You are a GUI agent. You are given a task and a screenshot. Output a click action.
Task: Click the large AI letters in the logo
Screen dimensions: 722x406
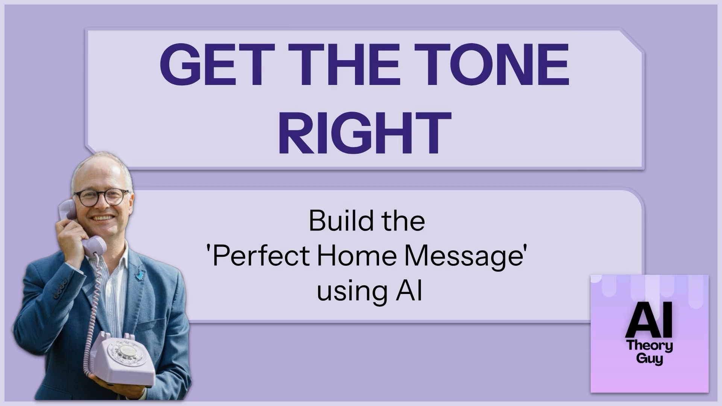click(649, 321)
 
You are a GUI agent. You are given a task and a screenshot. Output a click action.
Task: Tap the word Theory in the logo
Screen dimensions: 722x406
click(649, 346)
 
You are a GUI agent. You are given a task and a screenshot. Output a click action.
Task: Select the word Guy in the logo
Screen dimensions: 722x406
click(649, 359)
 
